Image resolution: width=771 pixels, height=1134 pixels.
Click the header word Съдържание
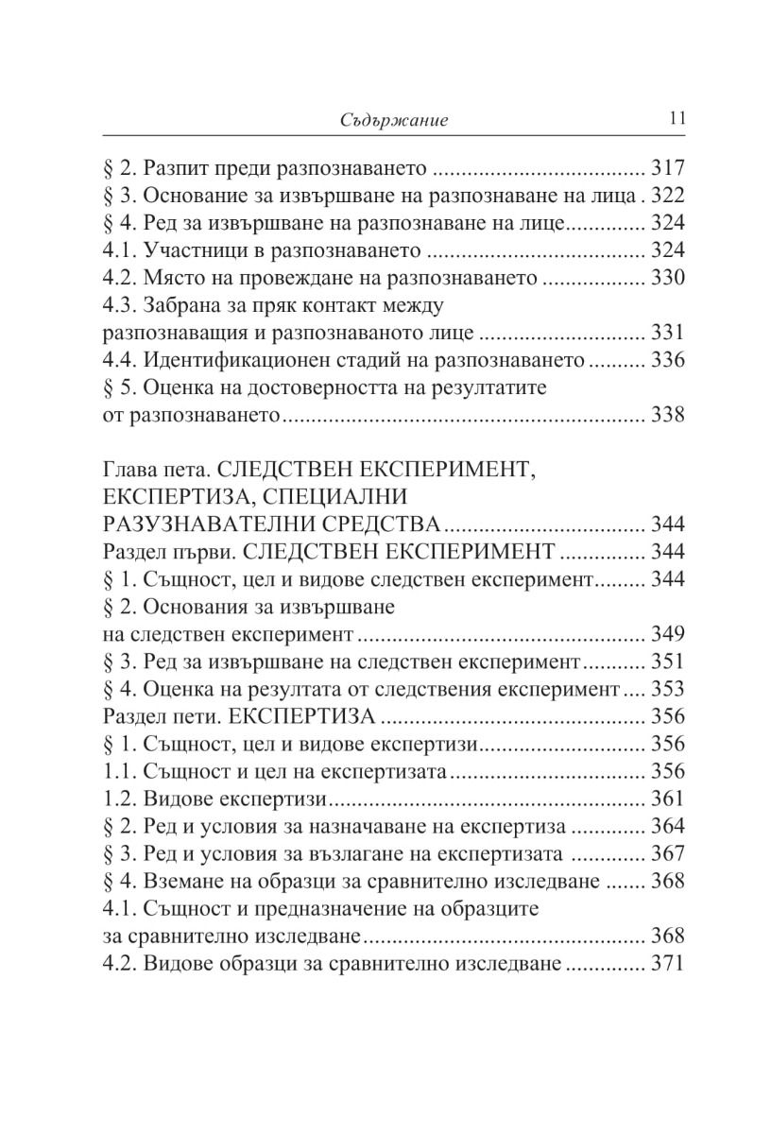click(393, 120)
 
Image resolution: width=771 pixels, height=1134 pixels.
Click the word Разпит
click(176, 171)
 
